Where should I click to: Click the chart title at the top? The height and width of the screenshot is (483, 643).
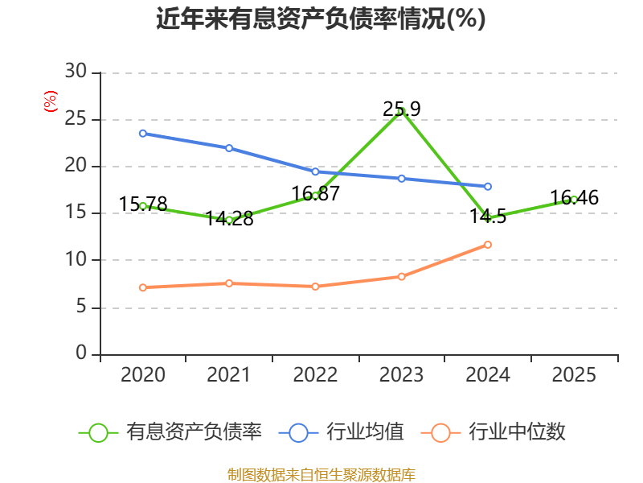click(x=321, y=19)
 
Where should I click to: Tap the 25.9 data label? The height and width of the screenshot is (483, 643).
click(x=401, y=109)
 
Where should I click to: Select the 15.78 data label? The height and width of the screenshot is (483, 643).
click(x=143, y=204)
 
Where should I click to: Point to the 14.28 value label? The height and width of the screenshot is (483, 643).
click(x=229, y=218)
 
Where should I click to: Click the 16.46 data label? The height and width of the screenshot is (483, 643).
click(x=574, y=197)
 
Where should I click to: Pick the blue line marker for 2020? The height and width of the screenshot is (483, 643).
click(x=143, y=134)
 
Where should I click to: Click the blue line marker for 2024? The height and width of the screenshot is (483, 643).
click(x=488, y=187)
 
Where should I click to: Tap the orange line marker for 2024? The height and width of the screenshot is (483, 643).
click(x=488, y=245)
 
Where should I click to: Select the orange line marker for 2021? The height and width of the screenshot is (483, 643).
click(x=229, y=283)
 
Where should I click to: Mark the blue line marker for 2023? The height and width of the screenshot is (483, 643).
click(x=401, y=179)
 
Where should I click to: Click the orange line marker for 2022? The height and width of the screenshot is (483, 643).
click(x=315, y=287)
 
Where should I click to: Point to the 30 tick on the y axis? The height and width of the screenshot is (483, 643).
click(x=76, y=72)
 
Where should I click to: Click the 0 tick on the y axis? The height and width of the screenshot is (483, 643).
click(x=81, y=353)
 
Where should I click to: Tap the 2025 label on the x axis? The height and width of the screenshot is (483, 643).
click(x=574, y=375)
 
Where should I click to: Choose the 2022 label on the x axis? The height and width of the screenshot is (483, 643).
click(x=315, y=375)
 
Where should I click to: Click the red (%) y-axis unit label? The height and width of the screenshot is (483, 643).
click(x=51, y=101)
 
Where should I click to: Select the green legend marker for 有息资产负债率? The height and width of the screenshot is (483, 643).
click(x=98, y=433)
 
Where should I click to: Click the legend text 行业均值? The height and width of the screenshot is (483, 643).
click(x=366, y=432)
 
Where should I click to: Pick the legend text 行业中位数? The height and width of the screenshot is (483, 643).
click(x=517, y=432)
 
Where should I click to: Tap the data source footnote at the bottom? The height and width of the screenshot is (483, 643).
click(x=321, y=475)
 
